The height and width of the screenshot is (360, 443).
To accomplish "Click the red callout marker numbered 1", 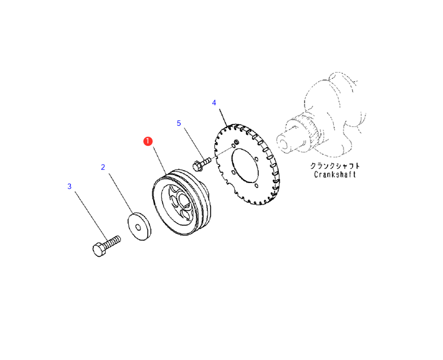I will tap(148, 142).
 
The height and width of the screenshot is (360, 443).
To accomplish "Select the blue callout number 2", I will tap(103, 167).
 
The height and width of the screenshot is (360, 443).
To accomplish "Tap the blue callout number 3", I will tap(70, 186).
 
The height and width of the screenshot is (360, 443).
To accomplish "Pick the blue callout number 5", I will tap(179, 123).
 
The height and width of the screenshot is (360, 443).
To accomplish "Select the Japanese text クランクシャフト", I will tap(335, 165).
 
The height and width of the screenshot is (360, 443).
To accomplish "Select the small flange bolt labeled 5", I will tap(200, 164).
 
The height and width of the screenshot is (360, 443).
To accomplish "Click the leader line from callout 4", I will tap(221, 117).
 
